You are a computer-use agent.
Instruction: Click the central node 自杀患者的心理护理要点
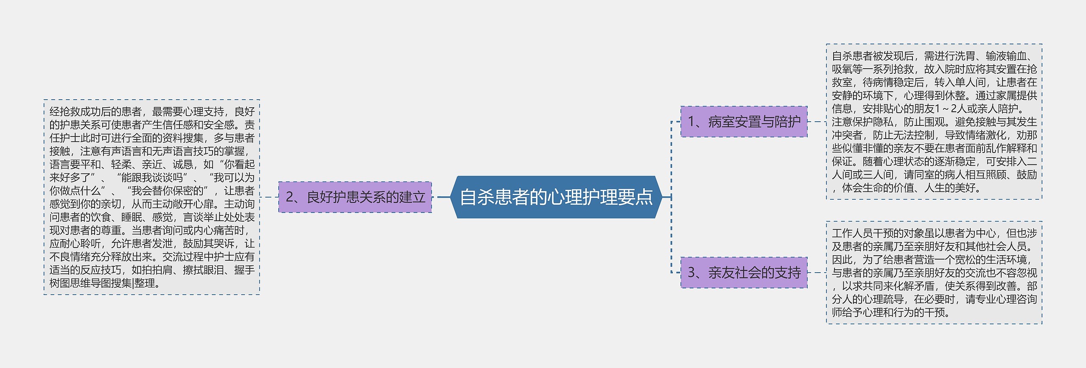coord(556,197)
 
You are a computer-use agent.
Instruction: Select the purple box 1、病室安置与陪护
coord(744,122)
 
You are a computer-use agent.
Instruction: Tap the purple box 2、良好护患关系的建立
coord(355,197)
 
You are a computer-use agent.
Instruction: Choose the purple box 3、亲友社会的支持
coord(744,273)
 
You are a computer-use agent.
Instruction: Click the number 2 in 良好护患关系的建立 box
coord(290,197)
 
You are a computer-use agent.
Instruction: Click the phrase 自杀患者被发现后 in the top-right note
coord(873,56)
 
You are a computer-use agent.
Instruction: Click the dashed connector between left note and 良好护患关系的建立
coord(269,197)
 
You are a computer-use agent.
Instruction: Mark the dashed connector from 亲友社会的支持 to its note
coord(817,273)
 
